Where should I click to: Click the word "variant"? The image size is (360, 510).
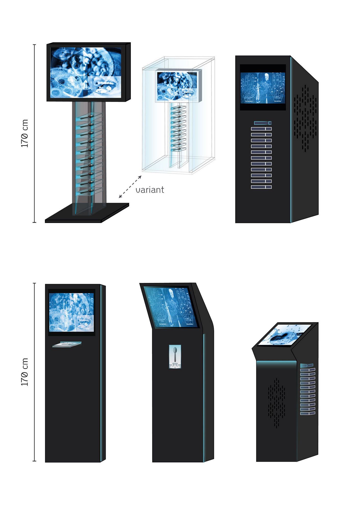pyautogui.click(x=150, y=190)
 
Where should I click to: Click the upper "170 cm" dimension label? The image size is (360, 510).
pyautogui.click(x=24, y=133)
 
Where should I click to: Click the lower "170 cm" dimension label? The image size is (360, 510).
pyautogui.click(x=24, y=372)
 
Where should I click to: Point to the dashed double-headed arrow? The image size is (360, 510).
pyautogui.click(x=130, y=187)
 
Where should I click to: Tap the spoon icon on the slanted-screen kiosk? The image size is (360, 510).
pyautogui.click(x=175, y=354)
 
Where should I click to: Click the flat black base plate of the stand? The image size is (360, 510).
pyautogui.click(x=87, y=213)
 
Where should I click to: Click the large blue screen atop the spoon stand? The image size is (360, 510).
pyautogui.click(x=86, y=72)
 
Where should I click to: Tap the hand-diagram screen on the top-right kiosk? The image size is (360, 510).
pyautogui.click(x=263, y=88)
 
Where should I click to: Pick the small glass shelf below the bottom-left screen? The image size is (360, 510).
pyautogui.click(x=67, y=344)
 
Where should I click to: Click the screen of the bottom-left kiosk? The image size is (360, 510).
pyautogui.click(x=71, y=312)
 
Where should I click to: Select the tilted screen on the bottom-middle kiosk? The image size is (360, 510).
pyautogui.click(x=171, y=307)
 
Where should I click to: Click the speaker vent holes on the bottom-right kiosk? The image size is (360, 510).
pyautogui.click(x=277, y=403)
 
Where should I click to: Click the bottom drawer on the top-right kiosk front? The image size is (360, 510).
pyautogui.click(x=261, y=187)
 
